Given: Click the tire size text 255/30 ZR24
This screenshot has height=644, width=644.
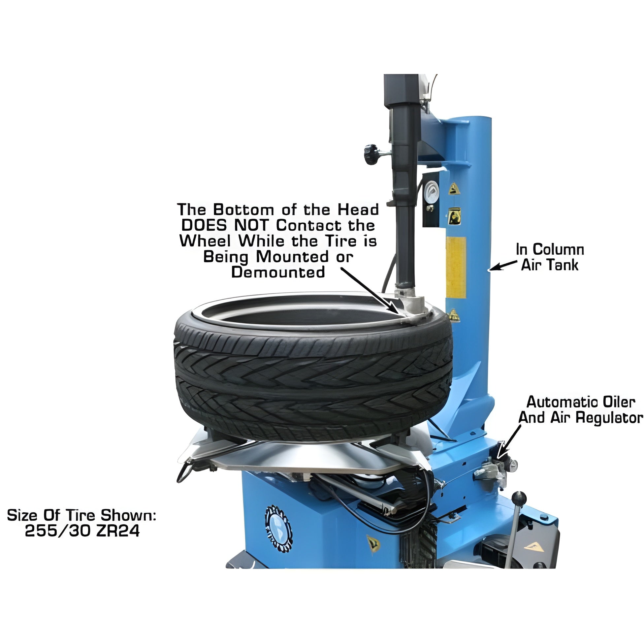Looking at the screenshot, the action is (x=82, y=531).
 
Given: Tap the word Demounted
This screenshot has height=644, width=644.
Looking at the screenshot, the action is (x=278, y=272).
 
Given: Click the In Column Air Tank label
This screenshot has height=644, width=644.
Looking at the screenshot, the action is (x=550, y=257).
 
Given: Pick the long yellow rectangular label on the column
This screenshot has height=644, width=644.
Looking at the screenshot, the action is (x=456, y=267).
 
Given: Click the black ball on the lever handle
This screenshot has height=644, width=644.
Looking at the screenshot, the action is (x=519, y=499).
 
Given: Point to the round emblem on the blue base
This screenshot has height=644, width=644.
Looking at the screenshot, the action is (x=278, y=529).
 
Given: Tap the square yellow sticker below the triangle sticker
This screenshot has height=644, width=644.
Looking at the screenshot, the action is (x=454, y=216).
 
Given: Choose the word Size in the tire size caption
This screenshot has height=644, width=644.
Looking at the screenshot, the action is (x=22, y=515).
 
